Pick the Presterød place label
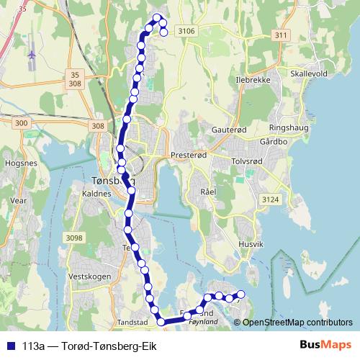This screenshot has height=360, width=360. tap(189, 155)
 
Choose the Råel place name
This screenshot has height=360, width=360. tap(208, 193)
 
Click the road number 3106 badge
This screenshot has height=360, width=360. tap(186, 30)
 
